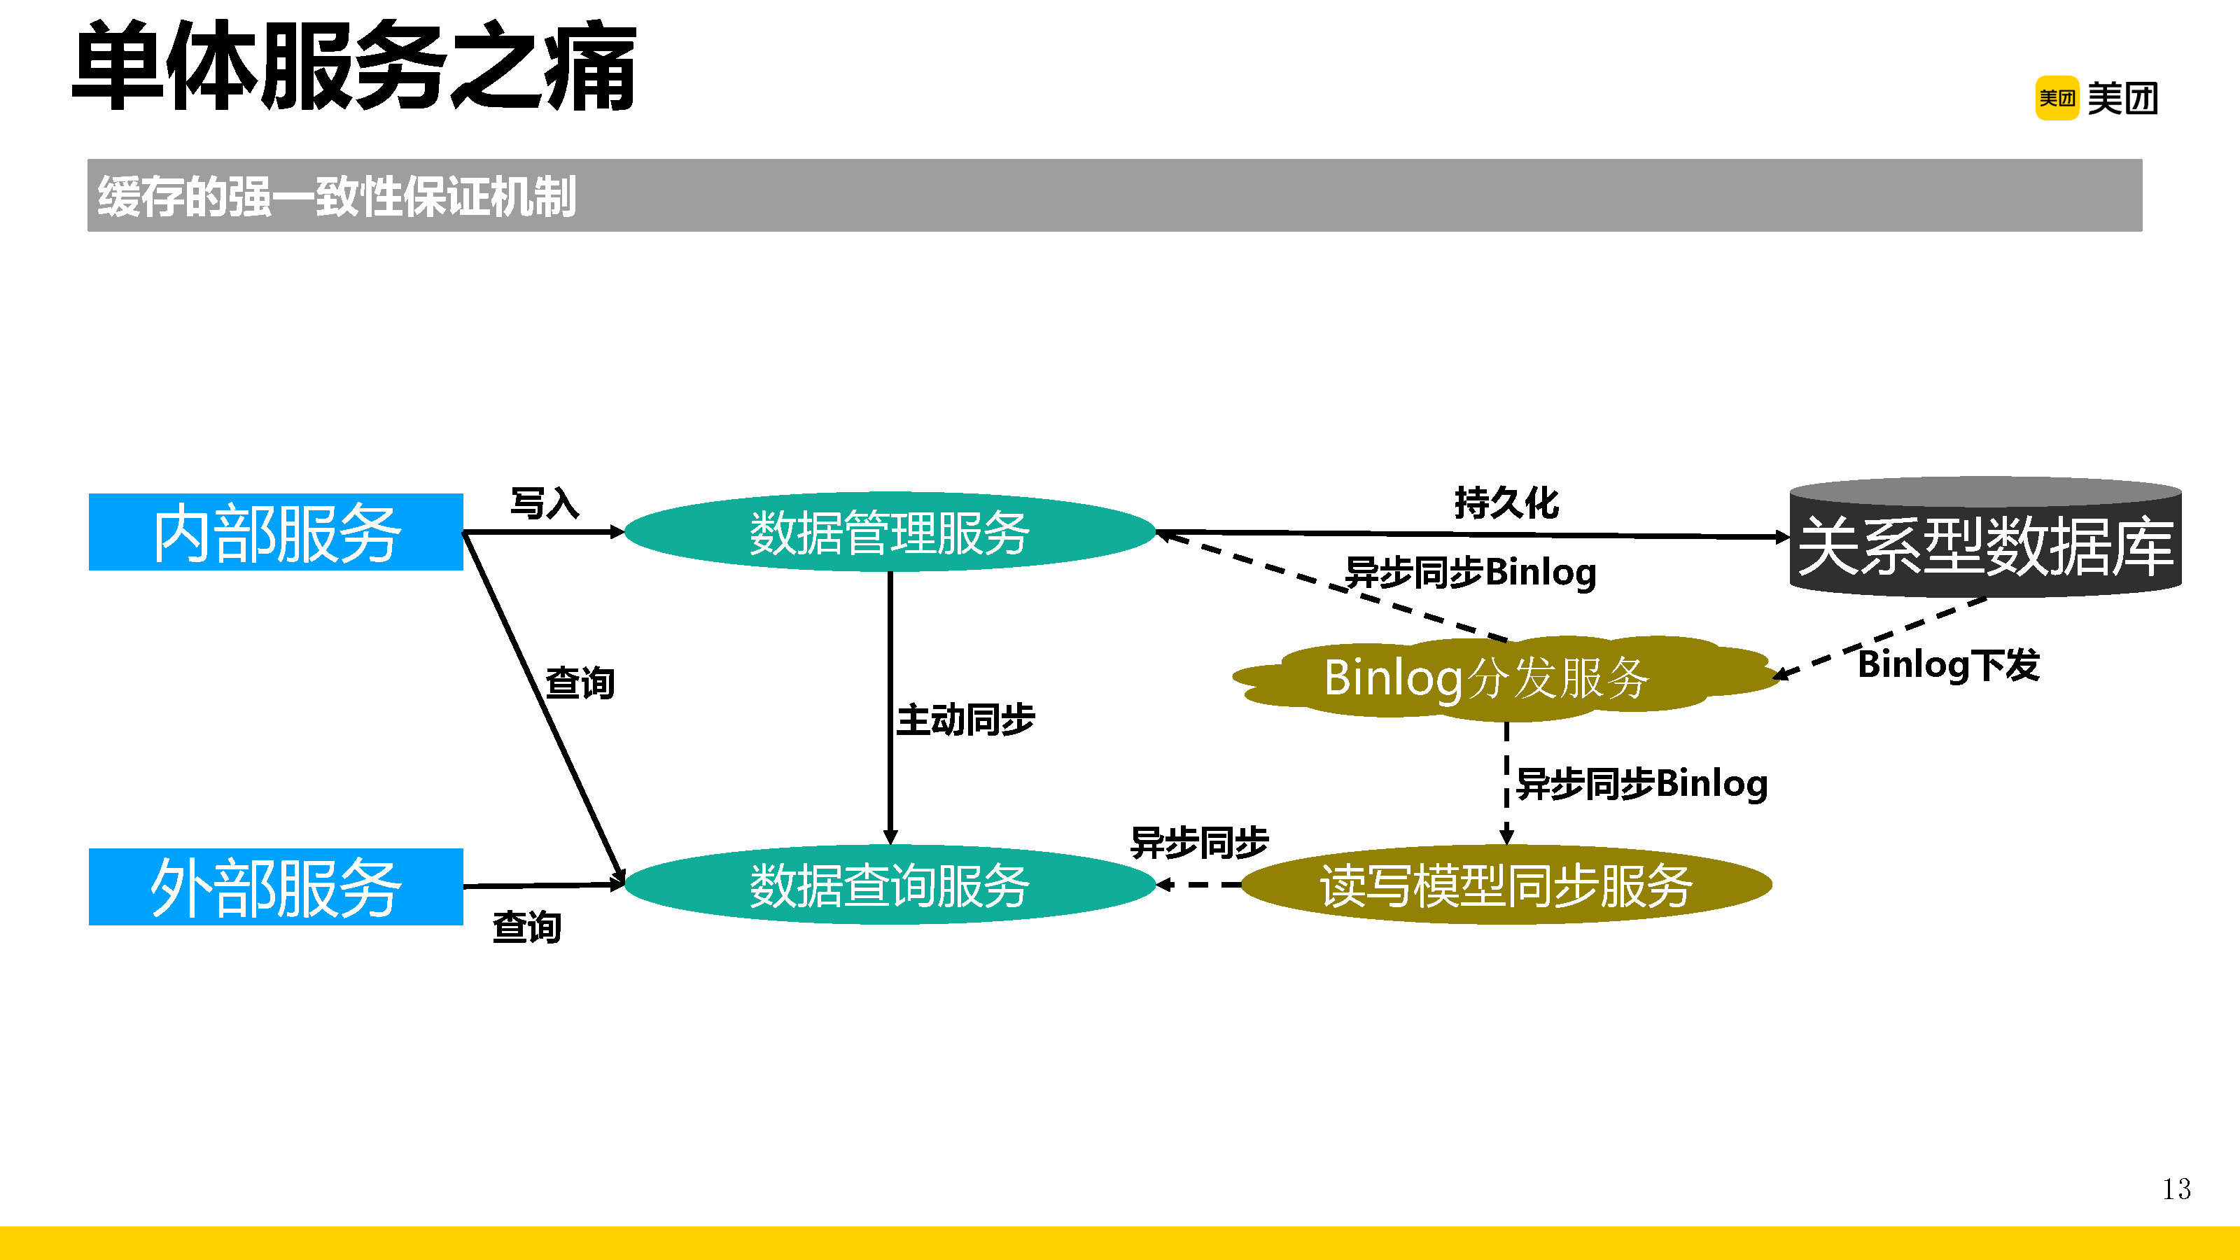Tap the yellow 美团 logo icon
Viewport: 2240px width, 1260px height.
(2057, 98)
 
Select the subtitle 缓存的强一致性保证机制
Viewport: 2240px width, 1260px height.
(337, 196)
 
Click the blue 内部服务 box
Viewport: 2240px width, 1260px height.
(276, 532)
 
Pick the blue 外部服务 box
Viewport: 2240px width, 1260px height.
(276, 887)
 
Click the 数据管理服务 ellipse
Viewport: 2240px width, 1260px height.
(890, 532)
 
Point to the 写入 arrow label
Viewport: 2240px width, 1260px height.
(545, 503)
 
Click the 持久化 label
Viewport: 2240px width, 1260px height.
(1506, 502)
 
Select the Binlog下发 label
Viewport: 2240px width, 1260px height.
(1949, 665)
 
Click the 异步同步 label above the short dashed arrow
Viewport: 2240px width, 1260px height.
(1199, 841)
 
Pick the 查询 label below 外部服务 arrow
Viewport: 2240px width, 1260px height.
(527, 927)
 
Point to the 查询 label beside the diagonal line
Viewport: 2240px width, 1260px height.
(580, 682)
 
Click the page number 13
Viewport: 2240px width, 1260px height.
(2176, 1189)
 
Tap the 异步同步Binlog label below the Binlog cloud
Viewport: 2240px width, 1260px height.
(1641, 783)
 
